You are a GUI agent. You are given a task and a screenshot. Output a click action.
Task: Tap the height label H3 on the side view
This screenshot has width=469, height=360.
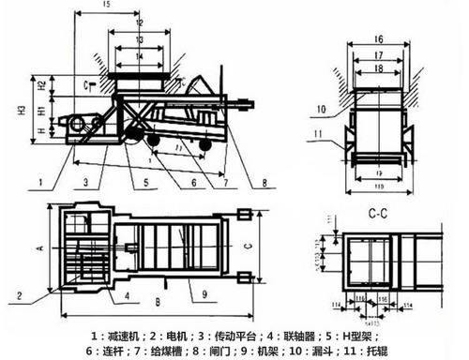click(x=21, y=110)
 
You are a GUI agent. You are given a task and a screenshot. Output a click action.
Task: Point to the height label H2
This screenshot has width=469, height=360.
click(x=44, y=84)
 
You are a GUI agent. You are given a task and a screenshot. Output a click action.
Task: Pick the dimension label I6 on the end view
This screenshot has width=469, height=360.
click(x=378, y=39)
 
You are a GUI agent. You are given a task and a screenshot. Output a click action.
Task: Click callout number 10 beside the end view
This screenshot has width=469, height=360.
click(x=321, y=109)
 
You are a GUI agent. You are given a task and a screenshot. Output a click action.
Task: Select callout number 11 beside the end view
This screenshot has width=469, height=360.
click(x=320, y=136)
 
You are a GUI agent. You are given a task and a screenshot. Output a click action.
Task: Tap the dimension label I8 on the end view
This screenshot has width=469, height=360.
click(x=378, y=68)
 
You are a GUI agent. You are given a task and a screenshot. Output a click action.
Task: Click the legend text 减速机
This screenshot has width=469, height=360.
click(x=126, y=333)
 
